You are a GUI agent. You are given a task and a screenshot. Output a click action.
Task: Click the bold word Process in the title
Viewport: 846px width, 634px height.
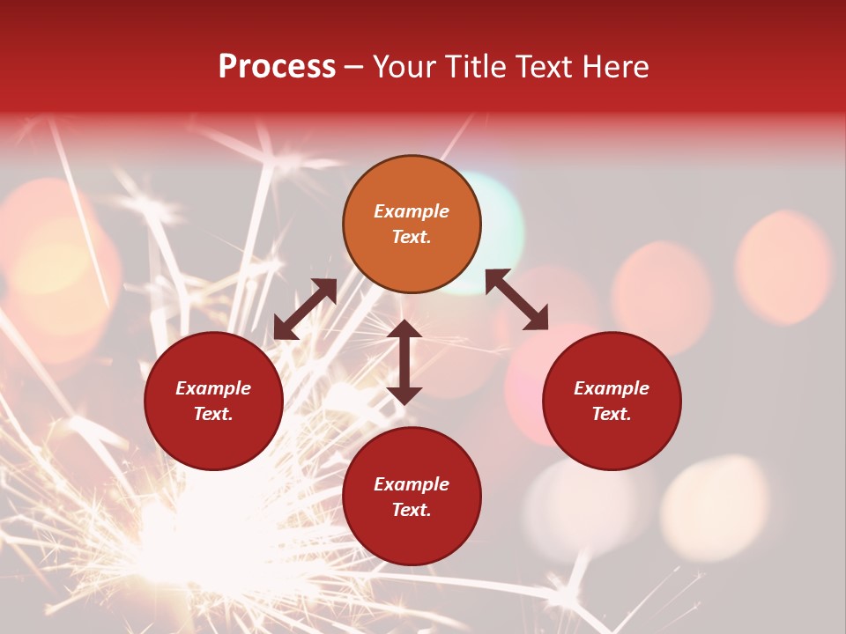pos(277,67)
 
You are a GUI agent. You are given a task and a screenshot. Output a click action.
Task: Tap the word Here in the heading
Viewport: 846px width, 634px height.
pos(616,67)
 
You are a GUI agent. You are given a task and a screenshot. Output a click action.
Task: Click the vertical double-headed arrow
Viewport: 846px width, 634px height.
pos(404,362)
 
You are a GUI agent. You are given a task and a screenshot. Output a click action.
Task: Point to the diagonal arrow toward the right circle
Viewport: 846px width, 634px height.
pos(517,299)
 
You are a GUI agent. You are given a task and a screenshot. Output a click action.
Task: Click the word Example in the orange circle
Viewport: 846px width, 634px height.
pos(412,211)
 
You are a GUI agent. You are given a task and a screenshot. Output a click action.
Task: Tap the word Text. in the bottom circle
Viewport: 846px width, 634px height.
pos(412,510)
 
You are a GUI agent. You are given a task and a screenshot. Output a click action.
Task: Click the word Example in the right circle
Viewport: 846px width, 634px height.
pos(612,388)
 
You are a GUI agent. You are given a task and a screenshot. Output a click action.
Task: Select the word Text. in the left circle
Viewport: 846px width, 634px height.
pos(213,414)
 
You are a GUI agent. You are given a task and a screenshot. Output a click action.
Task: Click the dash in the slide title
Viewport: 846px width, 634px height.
pos(353,67)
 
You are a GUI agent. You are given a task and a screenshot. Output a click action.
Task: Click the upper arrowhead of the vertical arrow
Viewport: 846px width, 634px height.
pos(404,329)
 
